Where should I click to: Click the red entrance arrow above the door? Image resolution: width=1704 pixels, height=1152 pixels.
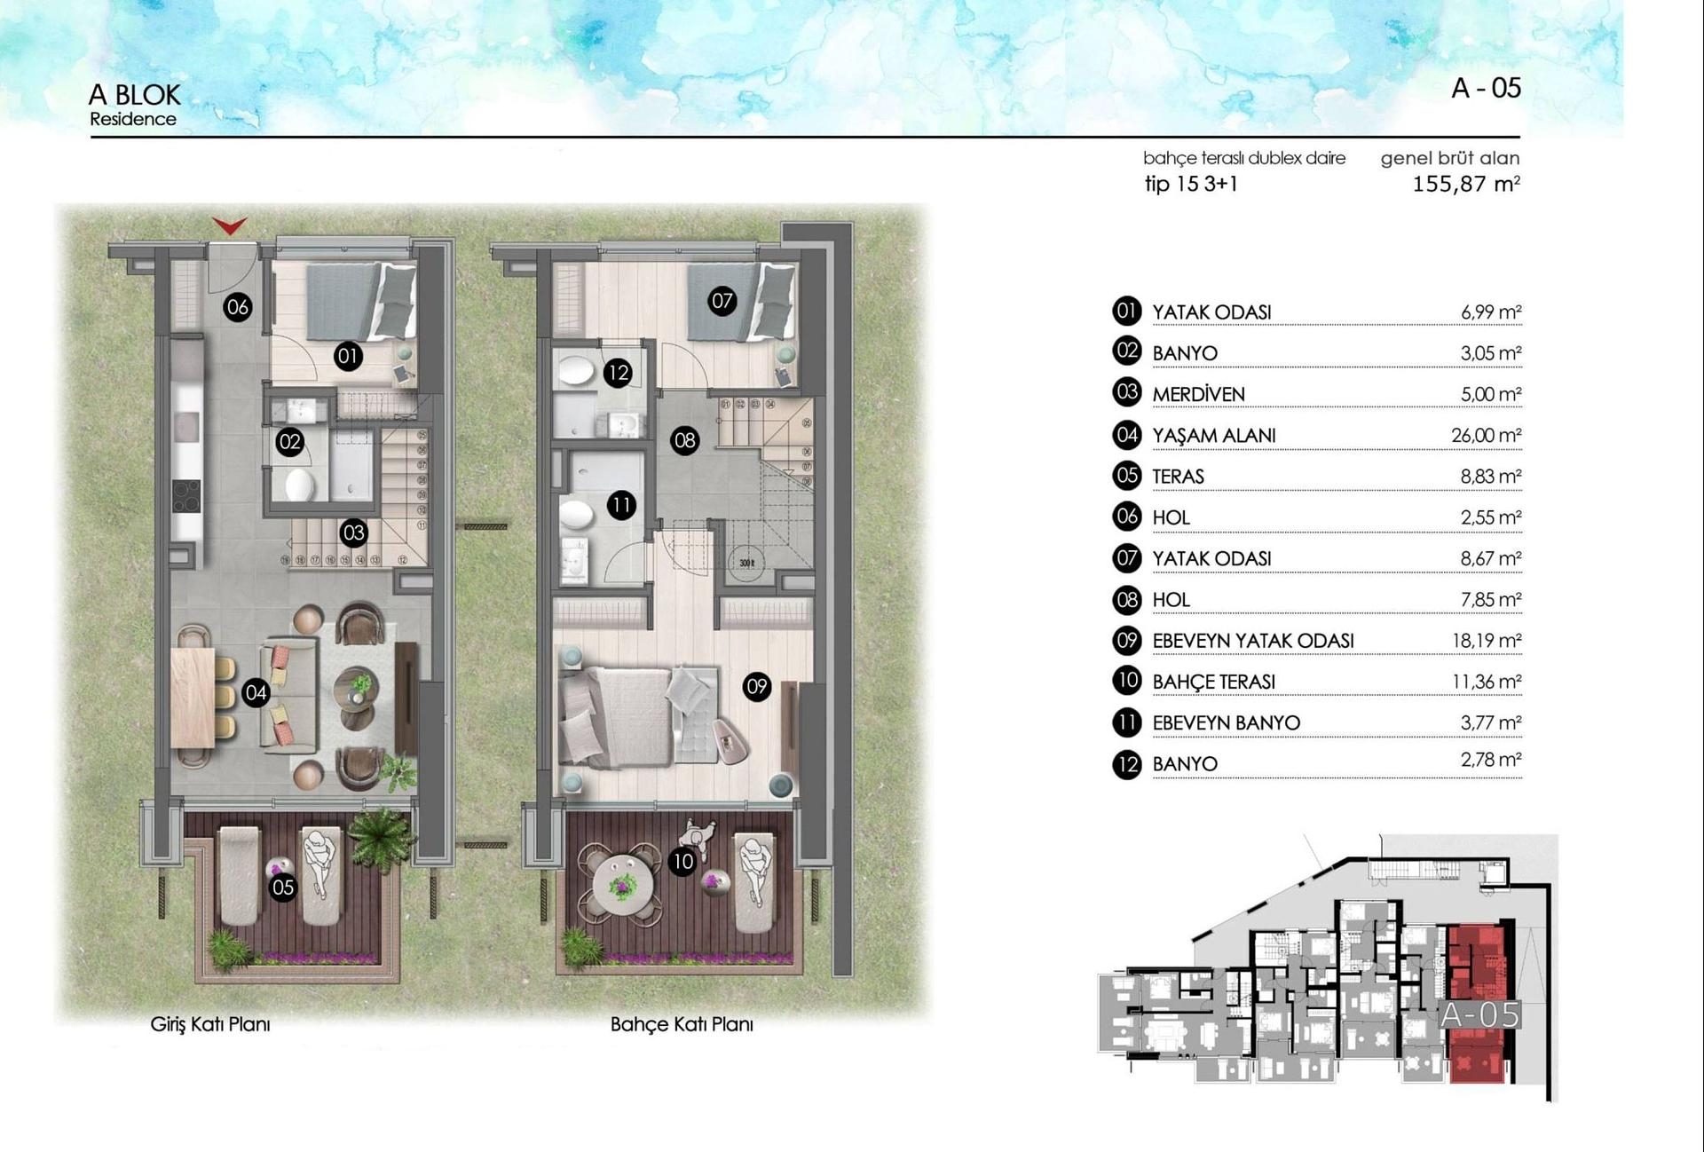[230, 227]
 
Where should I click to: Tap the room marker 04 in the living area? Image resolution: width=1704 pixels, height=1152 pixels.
[256, 692]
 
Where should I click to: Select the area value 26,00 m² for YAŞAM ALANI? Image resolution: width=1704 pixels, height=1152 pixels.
[1486, 435]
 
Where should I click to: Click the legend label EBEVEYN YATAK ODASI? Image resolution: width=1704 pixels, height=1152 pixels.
[1252, 641]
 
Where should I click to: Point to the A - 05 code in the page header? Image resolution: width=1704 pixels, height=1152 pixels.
[1486, 88]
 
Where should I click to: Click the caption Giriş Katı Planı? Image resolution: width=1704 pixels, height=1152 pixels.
[210, 1024]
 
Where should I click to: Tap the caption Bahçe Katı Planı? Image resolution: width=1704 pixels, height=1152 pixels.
[682, 1024]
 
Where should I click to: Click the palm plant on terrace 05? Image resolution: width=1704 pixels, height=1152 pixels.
[382, 834]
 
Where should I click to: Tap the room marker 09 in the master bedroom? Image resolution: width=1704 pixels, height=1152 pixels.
[756, 686]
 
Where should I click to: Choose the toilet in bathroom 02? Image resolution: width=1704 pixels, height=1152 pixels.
[299, 485]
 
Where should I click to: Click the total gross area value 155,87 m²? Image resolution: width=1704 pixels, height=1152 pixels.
[1465, 185]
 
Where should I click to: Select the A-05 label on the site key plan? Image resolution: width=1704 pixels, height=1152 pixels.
[1479, 1014]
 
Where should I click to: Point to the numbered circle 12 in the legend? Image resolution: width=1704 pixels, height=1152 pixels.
[1126, 764]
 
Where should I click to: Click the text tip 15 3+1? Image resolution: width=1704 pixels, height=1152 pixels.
[1190, 184]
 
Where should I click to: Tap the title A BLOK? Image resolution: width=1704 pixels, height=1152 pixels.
[134, 95]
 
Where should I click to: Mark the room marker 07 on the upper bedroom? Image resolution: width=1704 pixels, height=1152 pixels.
[722, 301]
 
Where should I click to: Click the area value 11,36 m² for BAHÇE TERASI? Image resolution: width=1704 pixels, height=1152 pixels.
[1486, 682]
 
